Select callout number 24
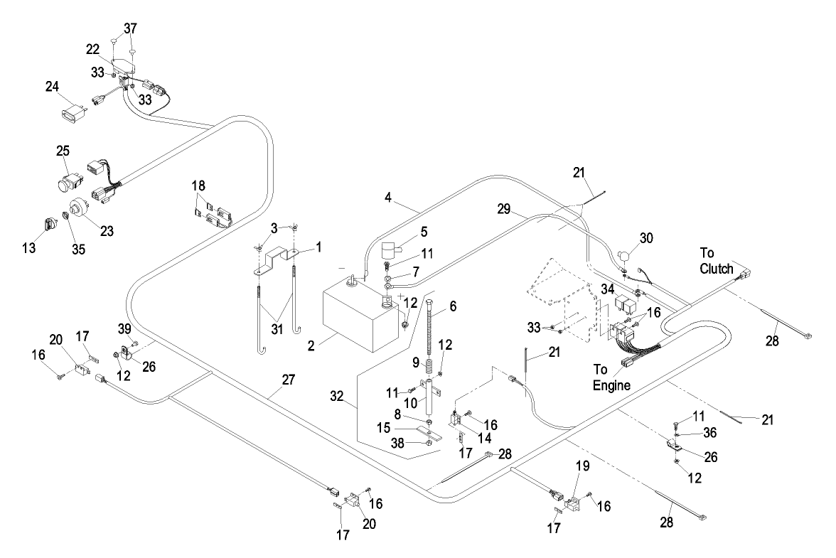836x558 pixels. click(52, 88)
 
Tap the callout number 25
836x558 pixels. click(63, 151)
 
